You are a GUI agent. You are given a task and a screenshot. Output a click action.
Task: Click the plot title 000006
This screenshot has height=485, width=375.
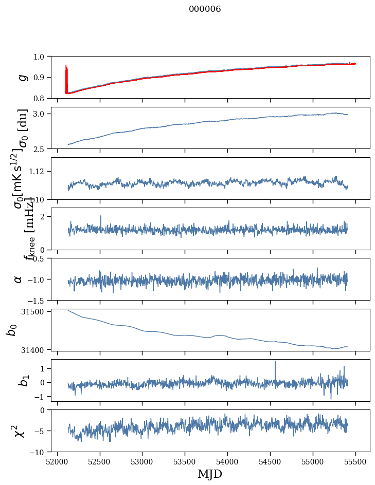coord(205,9)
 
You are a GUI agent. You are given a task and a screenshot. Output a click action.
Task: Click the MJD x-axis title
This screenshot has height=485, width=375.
coord(210,474)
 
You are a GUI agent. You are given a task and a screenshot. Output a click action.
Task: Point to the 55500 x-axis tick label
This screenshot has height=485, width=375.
coord(356,461)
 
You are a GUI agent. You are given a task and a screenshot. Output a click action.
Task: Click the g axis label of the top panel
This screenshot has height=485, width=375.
coord(21,77)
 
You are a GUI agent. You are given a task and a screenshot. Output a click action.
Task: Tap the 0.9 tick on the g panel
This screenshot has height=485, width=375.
coord(40,77)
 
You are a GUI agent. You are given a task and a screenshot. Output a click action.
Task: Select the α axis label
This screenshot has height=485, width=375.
coord(18,279)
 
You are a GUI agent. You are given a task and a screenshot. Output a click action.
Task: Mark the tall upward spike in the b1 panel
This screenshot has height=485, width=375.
coord(275,362)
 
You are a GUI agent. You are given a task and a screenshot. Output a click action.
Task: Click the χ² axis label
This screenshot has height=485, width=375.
coord(21,431)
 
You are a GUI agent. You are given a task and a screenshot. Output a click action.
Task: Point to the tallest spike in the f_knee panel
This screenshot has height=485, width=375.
coord(101,217)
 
